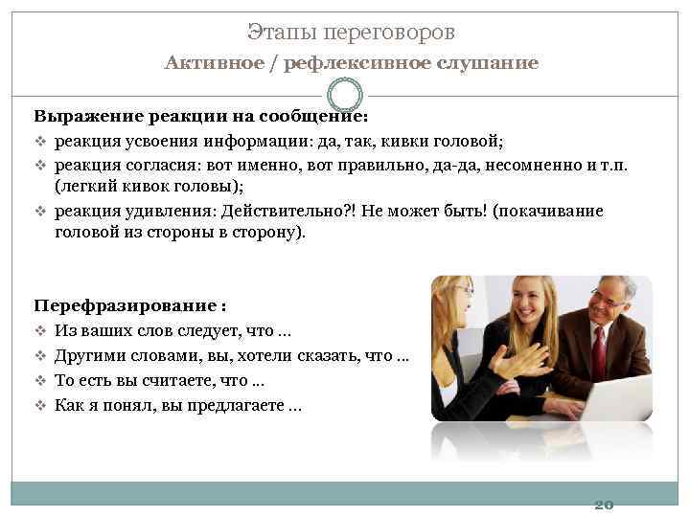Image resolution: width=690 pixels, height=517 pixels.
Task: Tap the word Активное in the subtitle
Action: click(204, 63)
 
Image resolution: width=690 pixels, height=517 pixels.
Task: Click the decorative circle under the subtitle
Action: click(345, 95)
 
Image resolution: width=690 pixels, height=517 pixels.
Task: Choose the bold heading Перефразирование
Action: click(126, 306)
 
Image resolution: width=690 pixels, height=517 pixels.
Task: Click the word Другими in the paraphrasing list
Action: click(88, 356)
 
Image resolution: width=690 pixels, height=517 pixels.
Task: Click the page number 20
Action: click(604, 504)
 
